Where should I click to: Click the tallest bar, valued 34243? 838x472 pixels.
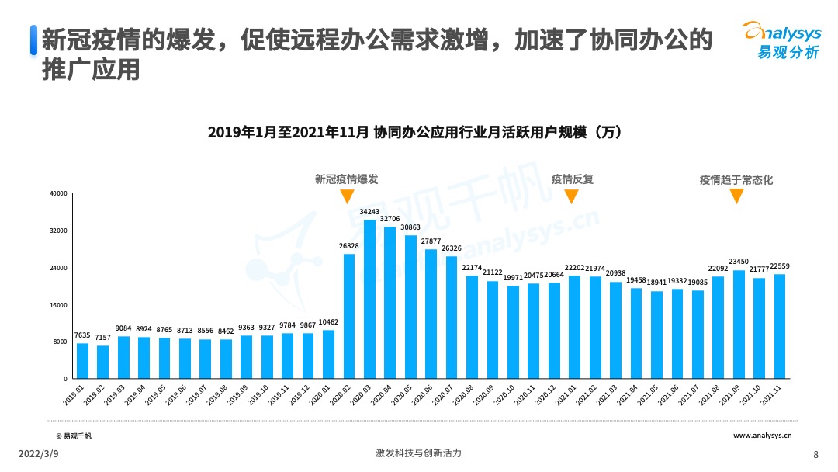pos(369,299)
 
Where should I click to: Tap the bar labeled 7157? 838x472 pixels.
pos(102,362)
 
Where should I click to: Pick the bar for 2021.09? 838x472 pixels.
pos(739,324)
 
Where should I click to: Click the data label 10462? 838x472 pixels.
pos(328,322)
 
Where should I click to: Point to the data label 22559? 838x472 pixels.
pos(780,266)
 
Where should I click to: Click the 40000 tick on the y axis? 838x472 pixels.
pos(59,193)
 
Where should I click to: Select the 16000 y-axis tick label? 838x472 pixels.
pos(59,305)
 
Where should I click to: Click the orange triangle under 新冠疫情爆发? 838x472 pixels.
pos(347,196)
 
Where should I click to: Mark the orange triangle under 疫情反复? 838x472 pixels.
pos(571,196)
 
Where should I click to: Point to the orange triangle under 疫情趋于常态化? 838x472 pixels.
pos(736,196)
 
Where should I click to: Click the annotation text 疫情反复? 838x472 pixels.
pos(572,179)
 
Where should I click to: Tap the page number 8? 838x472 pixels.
pos(815,454)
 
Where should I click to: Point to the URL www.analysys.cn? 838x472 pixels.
pos(763,436)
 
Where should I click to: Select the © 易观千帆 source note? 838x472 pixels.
pos(74,436)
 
